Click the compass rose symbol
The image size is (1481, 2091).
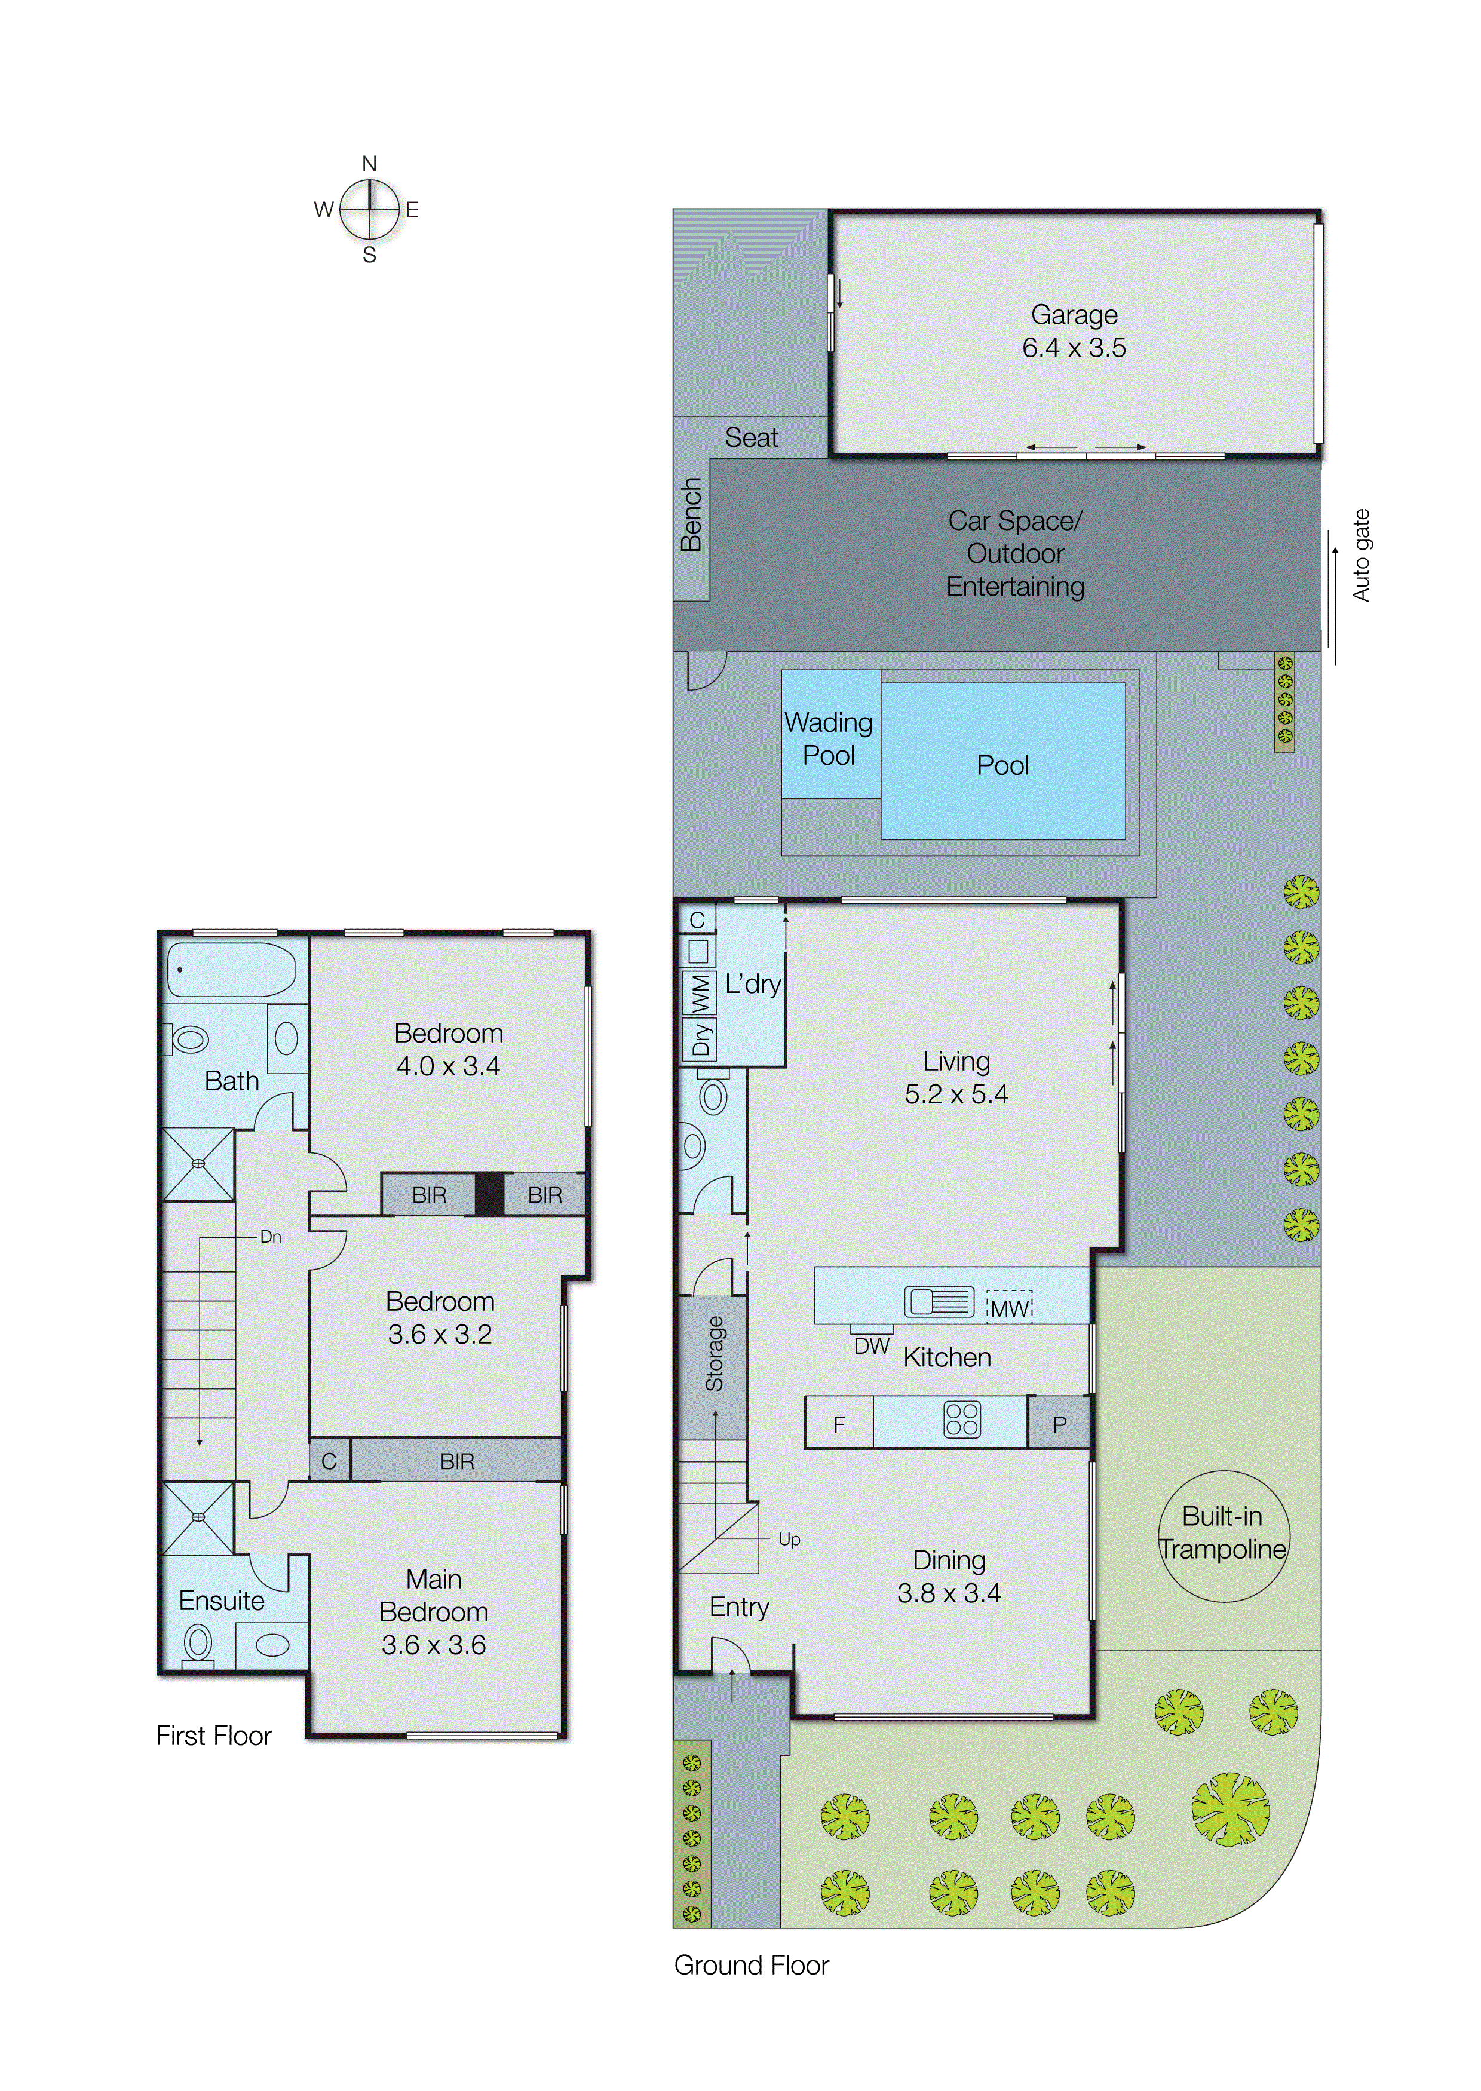pyautogui.click(x=369, y=210)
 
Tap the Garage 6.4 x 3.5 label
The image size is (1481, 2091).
pyautogui.click(x=1074, y=331)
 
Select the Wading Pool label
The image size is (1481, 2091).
pyautogui.click(x=828, y=738)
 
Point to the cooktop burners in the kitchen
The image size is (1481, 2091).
pyautogui.click(x=961, y=1420)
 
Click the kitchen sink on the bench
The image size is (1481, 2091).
pyautogui.click(x=939, y=1301)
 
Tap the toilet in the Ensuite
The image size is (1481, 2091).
pyautogui.click(x=198, y=1644)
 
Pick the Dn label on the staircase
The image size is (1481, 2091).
pyautogui.click(x=270, y=1237)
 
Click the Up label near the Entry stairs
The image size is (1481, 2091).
pyautogui.click(x=789, y=1540)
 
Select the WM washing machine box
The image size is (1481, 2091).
pyautogui.click(x=700, y=993)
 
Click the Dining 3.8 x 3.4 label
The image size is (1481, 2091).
pyautogui.click(x=949, y=1577)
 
